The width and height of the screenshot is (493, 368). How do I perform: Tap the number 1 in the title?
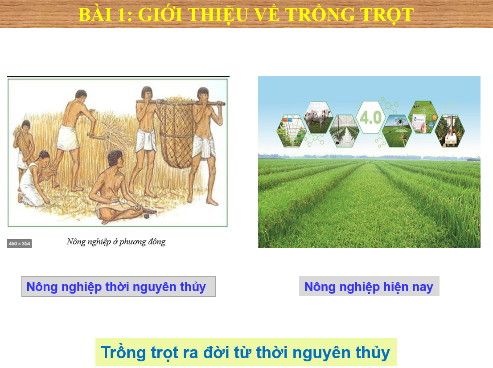point(121,14)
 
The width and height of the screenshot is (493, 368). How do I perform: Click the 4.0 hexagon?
point(371,118)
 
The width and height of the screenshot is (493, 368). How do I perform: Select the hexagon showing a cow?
point(319,118)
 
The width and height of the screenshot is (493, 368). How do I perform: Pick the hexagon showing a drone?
point(397,131)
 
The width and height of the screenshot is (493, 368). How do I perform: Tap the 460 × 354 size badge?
point(20,244)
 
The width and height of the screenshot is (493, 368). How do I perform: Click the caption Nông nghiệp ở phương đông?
point(116,241)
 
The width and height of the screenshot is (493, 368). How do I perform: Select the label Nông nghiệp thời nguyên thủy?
point(119,286)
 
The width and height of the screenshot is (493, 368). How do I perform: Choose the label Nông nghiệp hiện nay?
point(369,286)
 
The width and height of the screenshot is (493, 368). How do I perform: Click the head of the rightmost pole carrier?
point(203,94)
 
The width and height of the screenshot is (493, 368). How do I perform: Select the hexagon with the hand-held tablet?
point(423,118)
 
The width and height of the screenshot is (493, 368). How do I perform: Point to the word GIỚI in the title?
point(160,14)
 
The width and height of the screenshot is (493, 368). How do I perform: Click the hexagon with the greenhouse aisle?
point(345,131)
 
